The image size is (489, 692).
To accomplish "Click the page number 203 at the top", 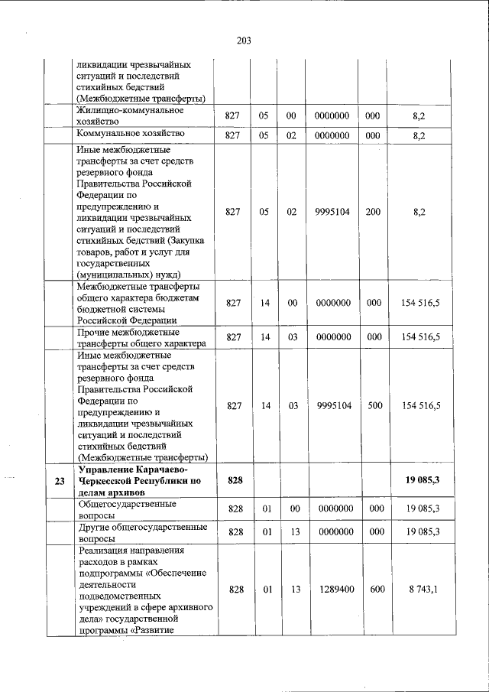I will point(244,41).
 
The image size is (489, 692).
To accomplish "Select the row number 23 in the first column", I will point(60,480).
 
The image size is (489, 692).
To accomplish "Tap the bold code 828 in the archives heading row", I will point(235,480).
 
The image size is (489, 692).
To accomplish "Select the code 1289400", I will point(332,590).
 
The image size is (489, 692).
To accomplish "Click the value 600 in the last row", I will point(374,590).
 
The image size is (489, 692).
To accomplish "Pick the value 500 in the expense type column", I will point(374,406).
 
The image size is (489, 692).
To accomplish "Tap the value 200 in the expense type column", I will point(374,212).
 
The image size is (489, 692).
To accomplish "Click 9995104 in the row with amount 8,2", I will point(332,212).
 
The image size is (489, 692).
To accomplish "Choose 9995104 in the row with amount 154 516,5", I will point(332,406).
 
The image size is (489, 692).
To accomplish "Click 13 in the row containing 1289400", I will point(291,590).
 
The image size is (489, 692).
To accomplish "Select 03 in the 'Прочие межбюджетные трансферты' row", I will point(292,339).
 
